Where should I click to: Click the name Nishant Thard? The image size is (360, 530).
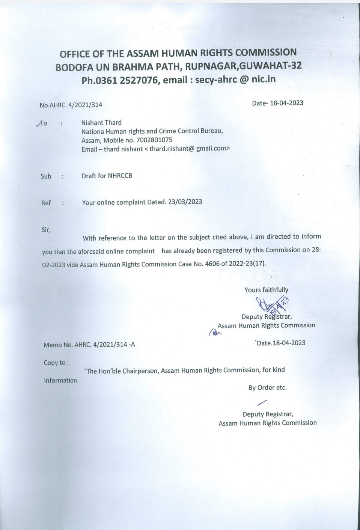[x=101, y=123]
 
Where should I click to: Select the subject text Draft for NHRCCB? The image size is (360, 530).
[x=107, y=176]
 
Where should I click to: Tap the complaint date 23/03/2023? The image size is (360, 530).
[x=185, y=202]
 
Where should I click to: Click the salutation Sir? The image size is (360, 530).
[x=46, y=230]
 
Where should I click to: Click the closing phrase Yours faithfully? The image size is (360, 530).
[x=266, y=290]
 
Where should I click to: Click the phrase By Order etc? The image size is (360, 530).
[x=267, y=388]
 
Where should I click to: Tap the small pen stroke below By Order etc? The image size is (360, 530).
[x=263, y=402]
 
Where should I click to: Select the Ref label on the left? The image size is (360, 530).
[x=46, y=203]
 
